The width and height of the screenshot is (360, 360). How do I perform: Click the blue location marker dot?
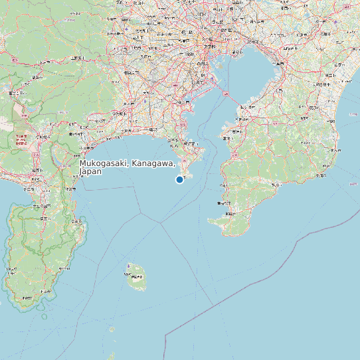coord(179,179)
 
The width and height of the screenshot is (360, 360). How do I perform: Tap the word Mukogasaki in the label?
coord(104,163)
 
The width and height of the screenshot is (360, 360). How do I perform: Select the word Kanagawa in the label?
coord(153,163)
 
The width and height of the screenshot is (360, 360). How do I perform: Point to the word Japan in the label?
coord(90,171)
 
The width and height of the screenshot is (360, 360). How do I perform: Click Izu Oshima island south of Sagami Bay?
coord(137,276)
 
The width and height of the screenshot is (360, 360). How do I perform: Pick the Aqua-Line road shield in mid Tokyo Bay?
coord(226,96)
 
